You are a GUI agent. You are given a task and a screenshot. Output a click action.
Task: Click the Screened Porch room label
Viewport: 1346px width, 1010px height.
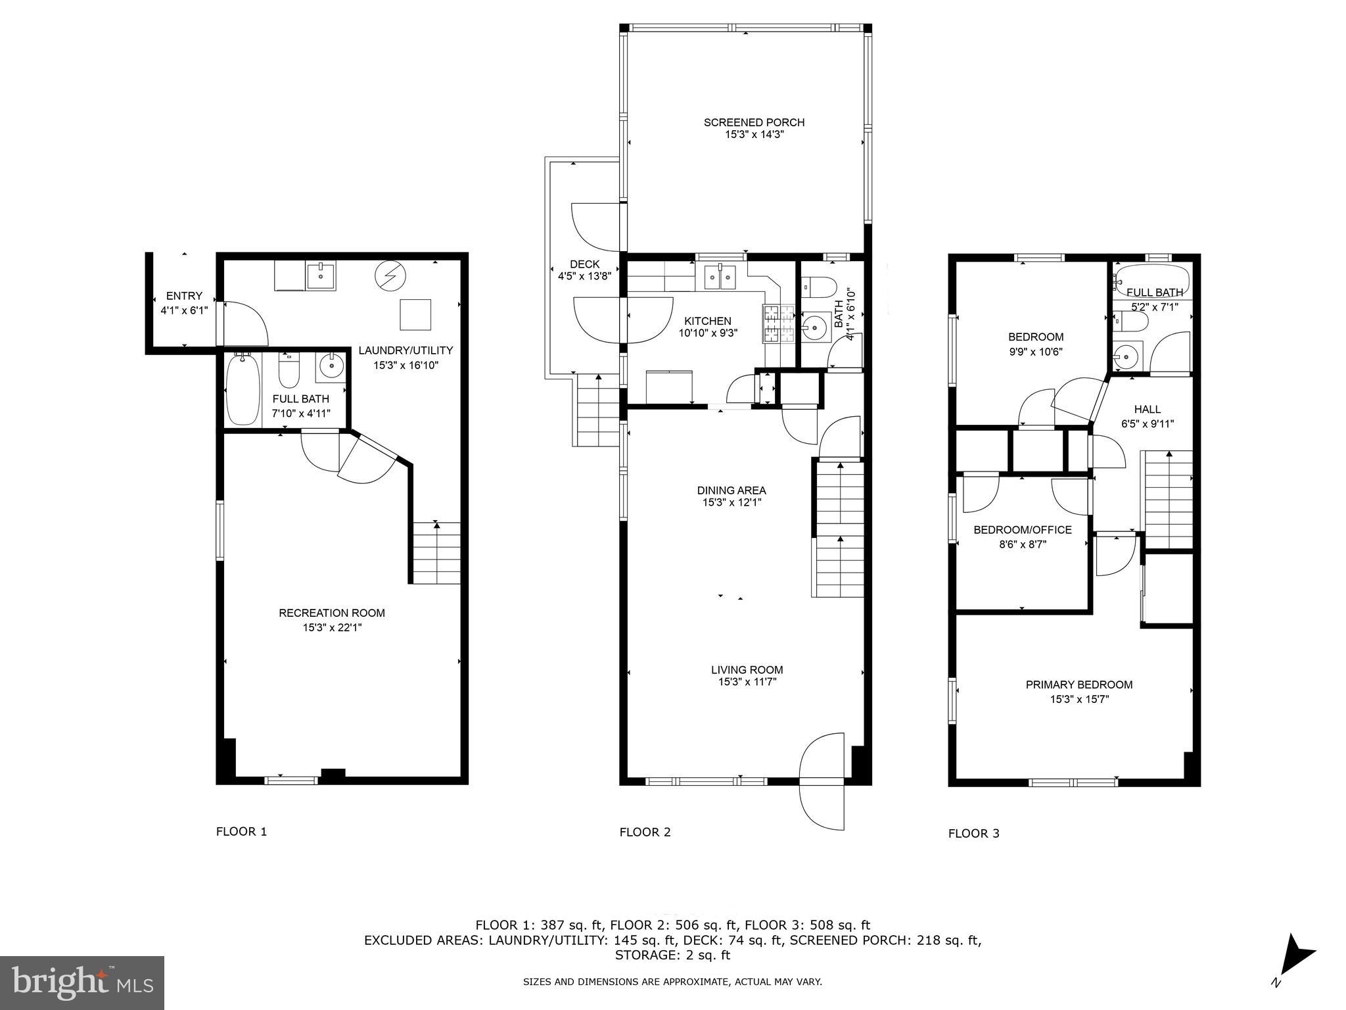[x=754, y=122]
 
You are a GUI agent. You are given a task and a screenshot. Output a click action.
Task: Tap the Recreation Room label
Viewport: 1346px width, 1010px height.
[x=332, y=613]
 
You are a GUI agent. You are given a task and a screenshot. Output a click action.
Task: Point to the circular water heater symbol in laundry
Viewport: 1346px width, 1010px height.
[x=388, y=276]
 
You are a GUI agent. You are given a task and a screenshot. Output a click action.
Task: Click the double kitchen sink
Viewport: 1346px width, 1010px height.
[x=720, y=277]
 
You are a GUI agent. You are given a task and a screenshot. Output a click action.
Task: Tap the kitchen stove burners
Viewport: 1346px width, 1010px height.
[x=778, y=324]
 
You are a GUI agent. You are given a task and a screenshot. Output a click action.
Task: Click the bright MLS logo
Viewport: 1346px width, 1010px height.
[x=82, y=982]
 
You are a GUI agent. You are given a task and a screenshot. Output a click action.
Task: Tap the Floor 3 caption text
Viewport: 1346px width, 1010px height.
[x=973, y=834]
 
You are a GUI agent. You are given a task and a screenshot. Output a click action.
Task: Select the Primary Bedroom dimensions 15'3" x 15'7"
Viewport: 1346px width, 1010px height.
[x=1079, y=700]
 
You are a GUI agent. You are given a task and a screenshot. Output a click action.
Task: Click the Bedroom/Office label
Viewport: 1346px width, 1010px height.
[x=1023, y=530]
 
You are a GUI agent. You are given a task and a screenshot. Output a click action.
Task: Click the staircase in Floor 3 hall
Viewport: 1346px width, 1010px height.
[x=1169, y=500]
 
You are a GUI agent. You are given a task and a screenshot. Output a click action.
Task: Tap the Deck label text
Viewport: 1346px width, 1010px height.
[x=584, y=264]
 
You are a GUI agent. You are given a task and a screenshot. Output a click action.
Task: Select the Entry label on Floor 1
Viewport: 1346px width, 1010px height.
[x=184, y=296]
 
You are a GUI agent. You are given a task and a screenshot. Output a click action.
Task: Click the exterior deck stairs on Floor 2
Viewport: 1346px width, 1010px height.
[x=597, y=411]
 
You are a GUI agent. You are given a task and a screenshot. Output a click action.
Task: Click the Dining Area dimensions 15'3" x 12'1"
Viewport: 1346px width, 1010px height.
[x=731, y=503]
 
